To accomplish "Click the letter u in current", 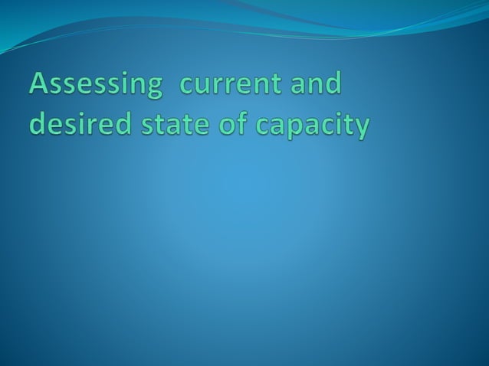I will click(204, 86).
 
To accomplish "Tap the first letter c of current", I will click(185, 86).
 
